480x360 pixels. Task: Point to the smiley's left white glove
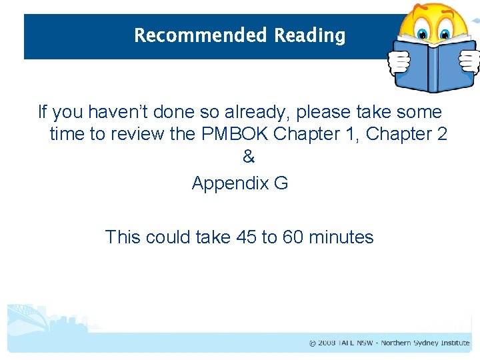[x=399, y=62]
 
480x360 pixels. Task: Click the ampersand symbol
[x=249, y=158]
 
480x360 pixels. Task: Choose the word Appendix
[x=229, y=183]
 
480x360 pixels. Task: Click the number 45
[x=247, y=237]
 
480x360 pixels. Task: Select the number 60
[x=293, y=237]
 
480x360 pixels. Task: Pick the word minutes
[x=341, y=237]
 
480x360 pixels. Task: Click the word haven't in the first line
[x=123, y=111]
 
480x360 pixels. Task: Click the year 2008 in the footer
[x=326, y=343]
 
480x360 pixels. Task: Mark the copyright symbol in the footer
[x=312, y=343]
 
